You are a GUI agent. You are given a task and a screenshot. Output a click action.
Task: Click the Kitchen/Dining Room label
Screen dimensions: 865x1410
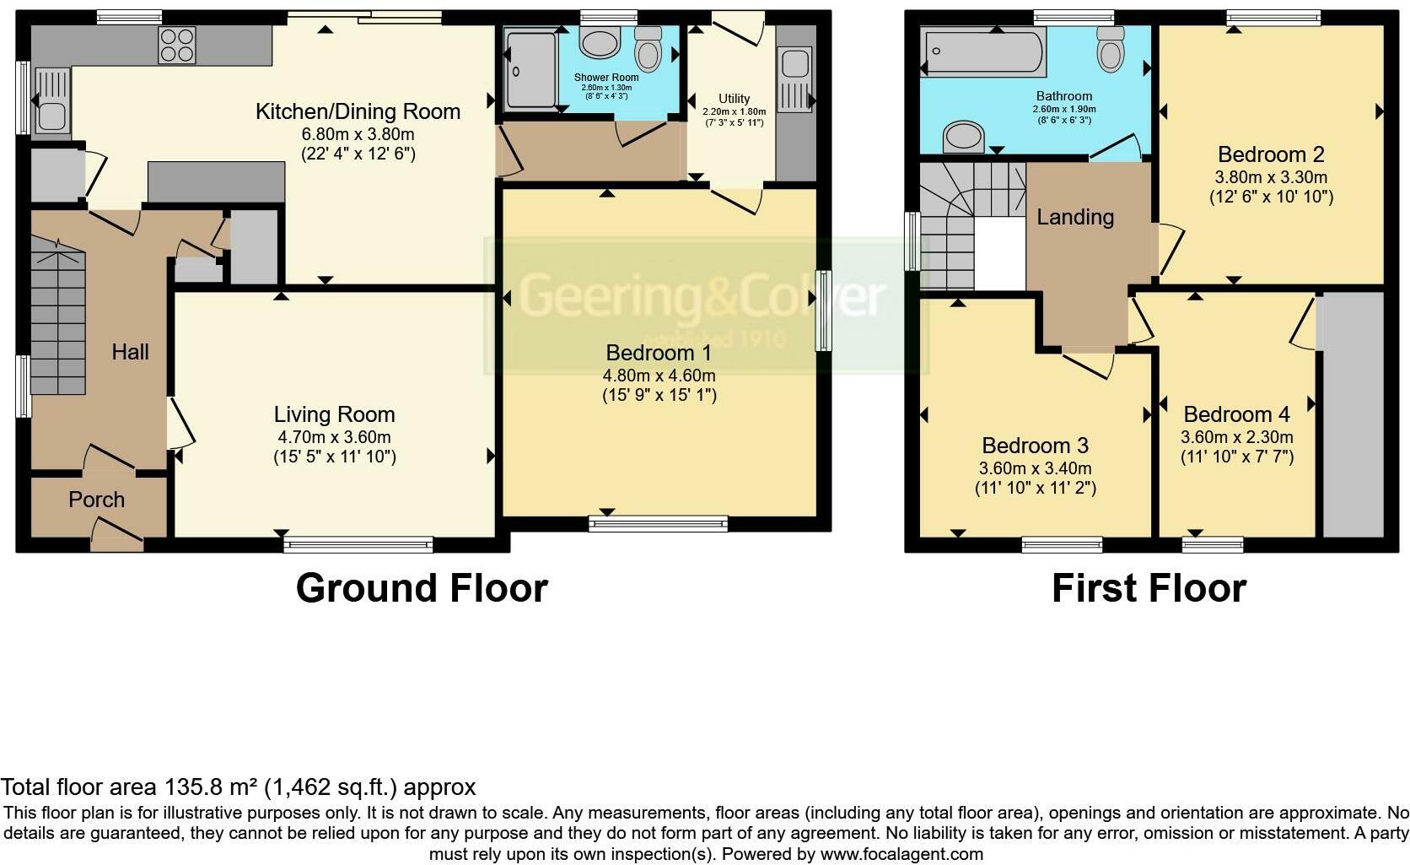click(x=358, y=111)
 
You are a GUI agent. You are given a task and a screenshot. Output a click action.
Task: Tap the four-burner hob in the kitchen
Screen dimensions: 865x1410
click(x=177, y=45)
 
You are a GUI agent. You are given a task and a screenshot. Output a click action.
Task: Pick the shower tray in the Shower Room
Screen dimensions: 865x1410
click(x=531, y=69)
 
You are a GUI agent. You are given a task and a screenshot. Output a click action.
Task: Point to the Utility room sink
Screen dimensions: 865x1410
click(x=794, y=81)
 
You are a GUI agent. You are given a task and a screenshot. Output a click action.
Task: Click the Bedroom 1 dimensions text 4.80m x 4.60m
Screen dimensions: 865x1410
click(x=659, y=376)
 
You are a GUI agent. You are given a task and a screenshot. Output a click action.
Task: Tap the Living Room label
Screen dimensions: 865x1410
click(x=334, y=414)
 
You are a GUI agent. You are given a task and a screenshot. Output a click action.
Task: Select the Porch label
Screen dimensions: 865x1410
click(x=96, y=500)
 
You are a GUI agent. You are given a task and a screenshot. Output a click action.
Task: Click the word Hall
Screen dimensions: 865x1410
click(x=130, y=352)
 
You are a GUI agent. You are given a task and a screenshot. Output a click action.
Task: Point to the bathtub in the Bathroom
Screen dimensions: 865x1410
click(x=982, y=52)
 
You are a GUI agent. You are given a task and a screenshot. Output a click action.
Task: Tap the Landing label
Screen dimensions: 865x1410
click(x=1075, y=217)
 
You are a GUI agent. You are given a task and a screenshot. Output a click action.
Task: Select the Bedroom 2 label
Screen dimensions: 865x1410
click(x=1270, y=154)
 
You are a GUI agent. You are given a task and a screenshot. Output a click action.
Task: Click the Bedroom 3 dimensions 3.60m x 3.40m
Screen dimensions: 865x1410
click(x=1035, y=468)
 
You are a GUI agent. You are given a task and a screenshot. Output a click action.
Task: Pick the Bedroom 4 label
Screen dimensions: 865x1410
click(x=1236, y=414)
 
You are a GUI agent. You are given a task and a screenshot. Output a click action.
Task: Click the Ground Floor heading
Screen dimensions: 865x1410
click(x=422, y=588)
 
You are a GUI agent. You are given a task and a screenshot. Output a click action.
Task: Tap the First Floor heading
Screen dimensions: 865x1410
click(x=1149, y=588)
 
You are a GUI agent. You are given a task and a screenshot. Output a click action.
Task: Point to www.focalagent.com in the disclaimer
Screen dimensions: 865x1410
click(x=901, y=854)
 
